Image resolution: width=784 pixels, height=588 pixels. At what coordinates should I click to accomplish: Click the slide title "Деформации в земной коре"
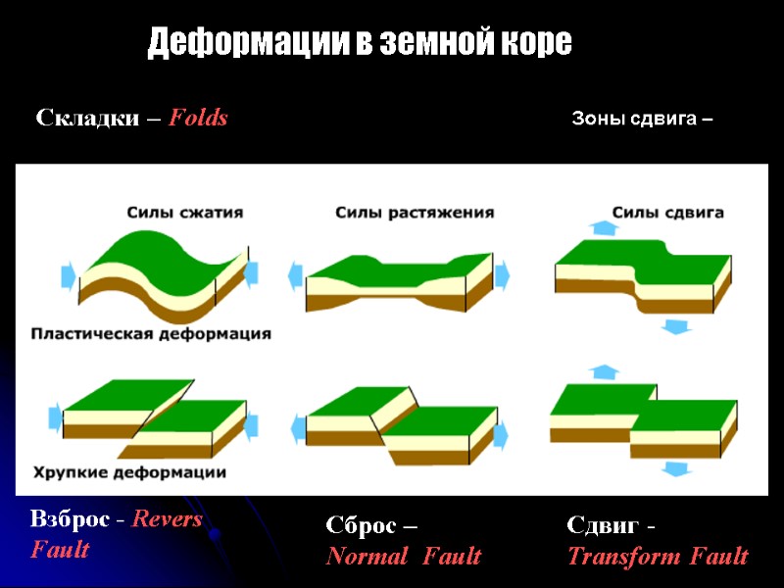click(x=360, y=43)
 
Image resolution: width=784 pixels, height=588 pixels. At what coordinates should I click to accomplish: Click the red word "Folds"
click(x=198, y=119)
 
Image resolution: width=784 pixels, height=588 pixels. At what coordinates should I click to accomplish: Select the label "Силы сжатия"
click(x=184, y=212)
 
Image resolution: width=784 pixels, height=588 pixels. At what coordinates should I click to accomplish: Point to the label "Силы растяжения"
click(x=415, y=212)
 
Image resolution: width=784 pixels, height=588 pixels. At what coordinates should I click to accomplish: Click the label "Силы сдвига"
click(x=668, y=212)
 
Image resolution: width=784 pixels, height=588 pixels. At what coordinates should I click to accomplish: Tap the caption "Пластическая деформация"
click(x=151, y=334)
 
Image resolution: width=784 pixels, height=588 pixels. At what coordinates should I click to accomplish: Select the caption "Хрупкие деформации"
click(x=129, y=472)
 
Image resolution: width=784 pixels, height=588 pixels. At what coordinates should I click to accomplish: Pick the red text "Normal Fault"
click(x=404, y=557)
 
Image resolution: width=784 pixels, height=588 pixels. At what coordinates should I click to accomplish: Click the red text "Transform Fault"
click(x=658, y=557)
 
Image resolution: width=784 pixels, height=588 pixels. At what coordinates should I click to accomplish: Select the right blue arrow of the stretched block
click(x=503, y=275)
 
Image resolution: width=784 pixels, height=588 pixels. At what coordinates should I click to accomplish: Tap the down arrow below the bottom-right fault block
click(x=674, y=468)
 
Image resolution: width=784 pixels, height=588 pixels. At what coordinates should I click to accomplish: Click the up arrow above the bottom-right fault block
click(x=605, y=372)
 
